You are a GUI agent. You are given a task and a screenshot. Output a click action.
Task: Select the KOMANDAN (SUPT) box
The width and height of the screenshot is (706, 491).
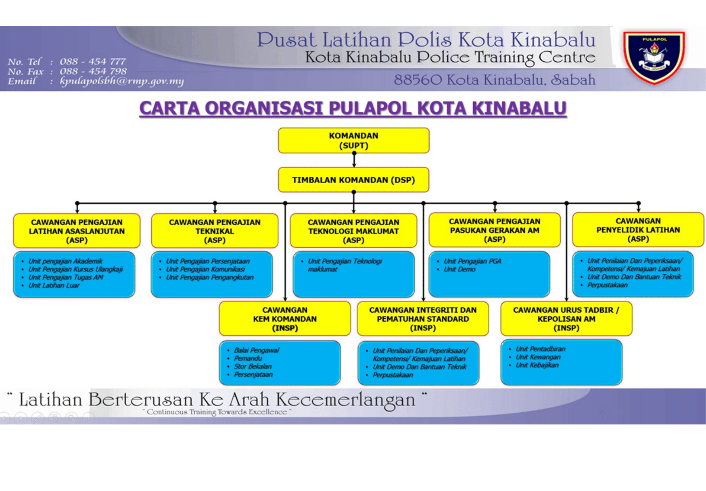click(353, 140)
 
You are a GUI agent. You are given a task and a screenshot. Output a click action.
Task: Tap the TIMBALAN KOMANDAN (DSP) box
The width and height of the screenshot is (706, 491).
click(353, 180)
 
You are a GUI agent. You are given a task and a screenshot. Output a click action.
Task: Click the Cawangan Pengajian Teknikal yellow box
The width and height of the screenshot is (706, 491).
click(215, 231)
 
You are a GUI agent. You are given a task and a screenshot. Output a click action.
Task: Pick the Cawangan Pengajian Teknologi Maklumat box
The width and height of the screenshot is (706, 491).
click(353, 231)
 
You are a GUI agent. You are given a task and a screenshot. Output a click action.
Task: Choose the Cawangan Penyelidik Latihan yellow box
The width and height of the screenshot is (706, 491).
click(638, 230)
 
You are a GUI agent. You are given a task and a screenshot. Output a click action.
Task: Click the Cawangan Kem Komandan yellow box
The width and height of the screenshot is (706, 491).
click(285, 319)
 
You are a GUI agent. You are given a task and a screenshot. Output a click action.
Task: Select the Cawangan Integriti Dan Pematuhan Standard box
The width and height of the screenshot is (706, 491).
click(423, 319)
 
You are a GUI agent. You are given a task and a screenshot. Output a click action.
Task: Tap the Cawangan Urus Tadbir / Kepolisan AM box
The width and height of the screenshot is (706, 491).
click(566, 319)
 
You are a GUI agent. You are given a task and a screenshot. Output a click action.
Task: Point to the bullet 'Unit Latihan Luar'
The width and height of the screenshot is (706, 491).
click(54, 286)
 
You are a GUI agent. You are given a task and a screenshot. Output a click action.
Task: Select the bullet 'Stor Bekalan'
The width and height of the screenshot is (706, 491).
click(253, 367)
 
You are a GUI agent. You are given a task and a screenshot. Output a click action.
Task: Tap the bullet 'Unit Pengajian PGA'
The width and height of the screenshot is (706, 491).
click(472, 261)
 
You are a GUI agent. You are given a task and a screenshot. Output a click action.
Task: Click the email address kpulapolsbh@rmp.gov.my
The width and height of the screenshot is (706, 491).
click(122, 81)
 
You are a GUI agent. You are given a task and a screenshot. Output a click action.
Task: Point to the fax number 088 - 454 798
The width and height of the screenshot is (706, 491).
click(93, 71)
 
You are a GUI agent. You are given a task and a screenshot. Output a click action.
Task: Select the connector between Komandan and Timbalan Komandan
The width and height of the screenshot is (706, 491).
click(354, 160)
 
